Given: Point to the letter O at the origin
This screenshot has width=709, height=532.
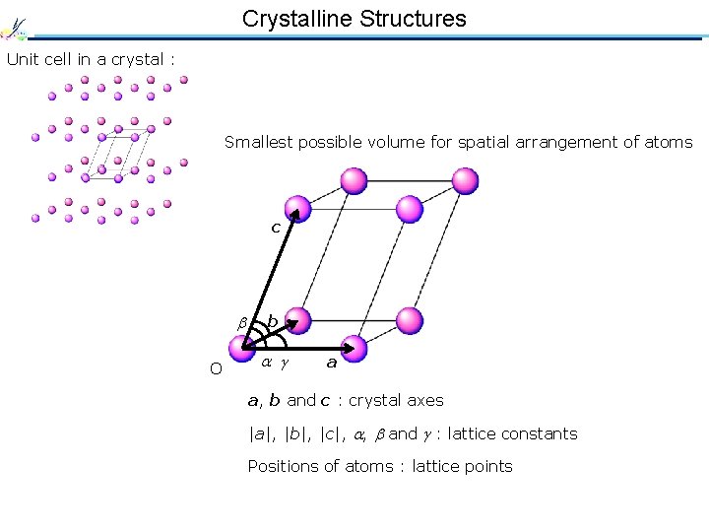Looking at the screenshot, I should click(x=216, y=368).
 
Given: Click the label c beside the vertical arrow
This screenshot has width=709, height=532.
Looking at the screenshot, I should click(x=276, y=228).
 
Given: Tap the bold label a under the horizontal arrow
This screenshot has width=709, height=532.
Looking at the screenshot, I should click(x=332, y=363).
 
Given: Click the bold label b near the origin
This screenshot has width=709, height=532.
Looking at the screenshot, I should click(x=272, y=321).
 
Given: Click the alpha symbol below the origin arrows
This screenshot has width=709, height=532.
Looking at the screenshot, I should click(x=266, y=364).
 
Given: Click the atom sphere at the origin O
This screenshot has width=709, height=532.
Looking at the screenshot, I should click(x=241, y=348).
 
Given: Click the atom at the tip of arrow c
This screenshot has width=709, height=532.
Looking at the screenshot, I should click(x=297, y=209).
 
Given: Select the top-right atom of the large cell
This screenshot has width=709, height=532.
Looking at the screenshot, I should click(x=465, y=181).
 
